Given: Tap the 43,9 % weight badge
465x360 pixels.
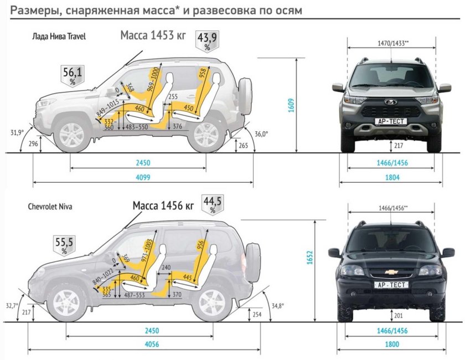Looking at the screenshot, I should coord(207,40).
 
